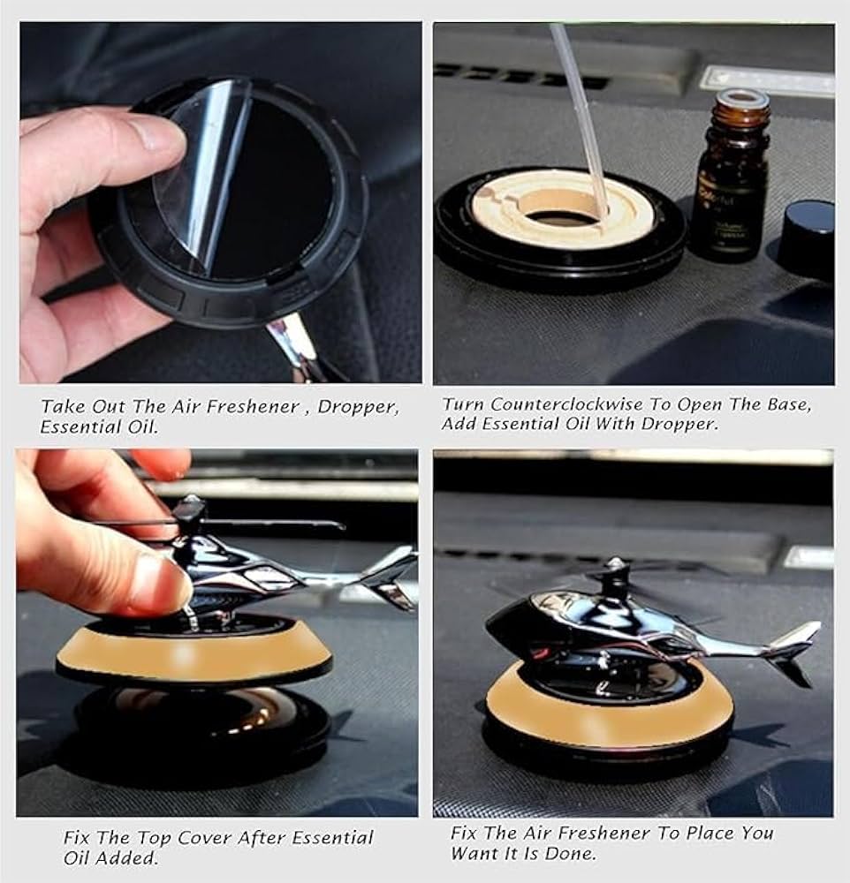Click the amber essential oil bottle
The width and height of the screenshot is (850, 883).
(x=732, y=177)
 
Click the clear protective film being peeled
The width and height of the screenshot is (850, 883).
(x=204, y=175)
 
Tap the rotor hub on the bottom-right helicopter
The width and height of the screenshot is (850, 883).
(x=615, y=577)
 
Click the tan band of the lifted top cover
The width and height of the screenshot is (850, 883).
(x=193, y=653)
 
